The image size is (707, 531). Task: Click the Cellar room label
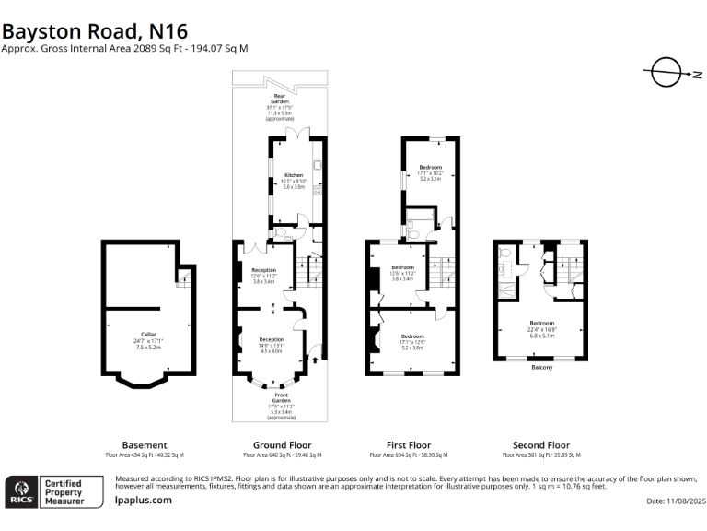[x=148, y=340]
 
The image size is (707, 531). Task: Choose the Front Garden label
[x=282, y=407]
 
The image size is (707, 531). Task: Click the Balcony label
[x=542, y=368]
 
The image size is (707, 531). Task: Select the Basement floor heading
[x=145, y=444]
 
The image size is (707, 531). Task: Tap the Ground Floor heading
[x=282, y=444]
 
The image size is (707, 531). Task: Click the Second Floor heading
[x=541, y=444]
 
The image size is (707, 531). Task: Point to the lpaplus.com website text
[x=143, y=500]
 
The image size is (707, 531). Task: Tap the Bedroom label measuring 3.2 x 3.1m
[x=431, y=172]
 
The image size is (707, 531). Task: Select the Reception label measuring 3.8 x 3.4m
[x=263, y=275]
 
